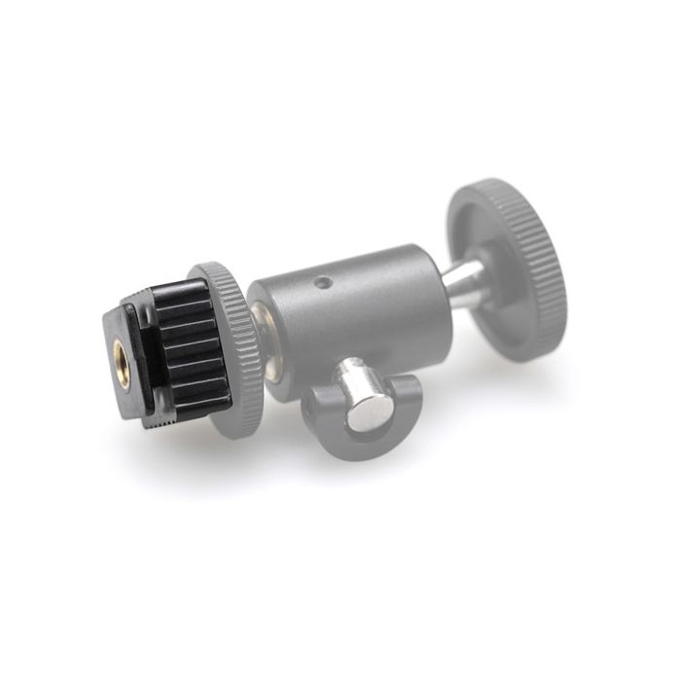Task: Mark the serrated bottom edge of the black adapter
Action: (185, 414)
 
